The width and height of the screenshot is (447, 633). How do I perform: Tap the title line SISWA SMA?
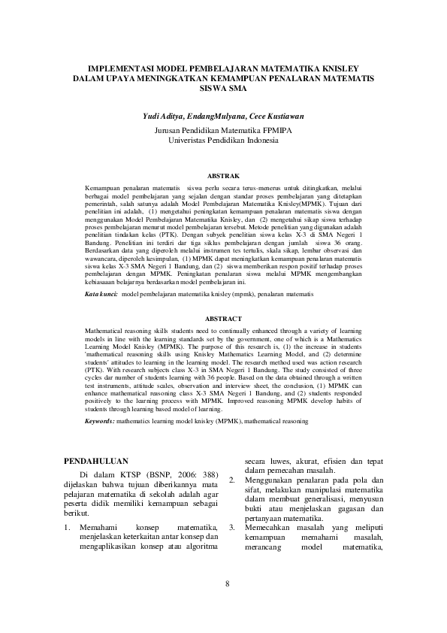(x=223, y=87)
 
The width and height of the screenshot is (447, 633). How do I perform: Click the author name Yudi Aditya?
(x=163, y=117)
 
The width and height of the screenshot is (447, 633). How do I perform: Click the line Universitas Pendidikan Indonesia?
(x=223, y=140)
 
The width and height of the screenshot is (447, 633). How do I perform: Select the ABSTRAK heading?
(x=223, y=175)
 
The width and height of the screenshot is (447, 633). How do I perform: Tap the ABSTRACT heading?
(x=223, y=319)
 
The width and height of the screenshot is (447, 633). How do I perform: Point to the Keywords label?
(x=99, y=423)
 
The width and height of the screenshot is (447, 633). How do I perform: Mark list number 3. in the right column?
(x=232, y=528)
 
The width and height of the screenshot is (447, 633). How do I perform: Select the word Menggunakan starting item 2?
(x=272, y=480)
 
